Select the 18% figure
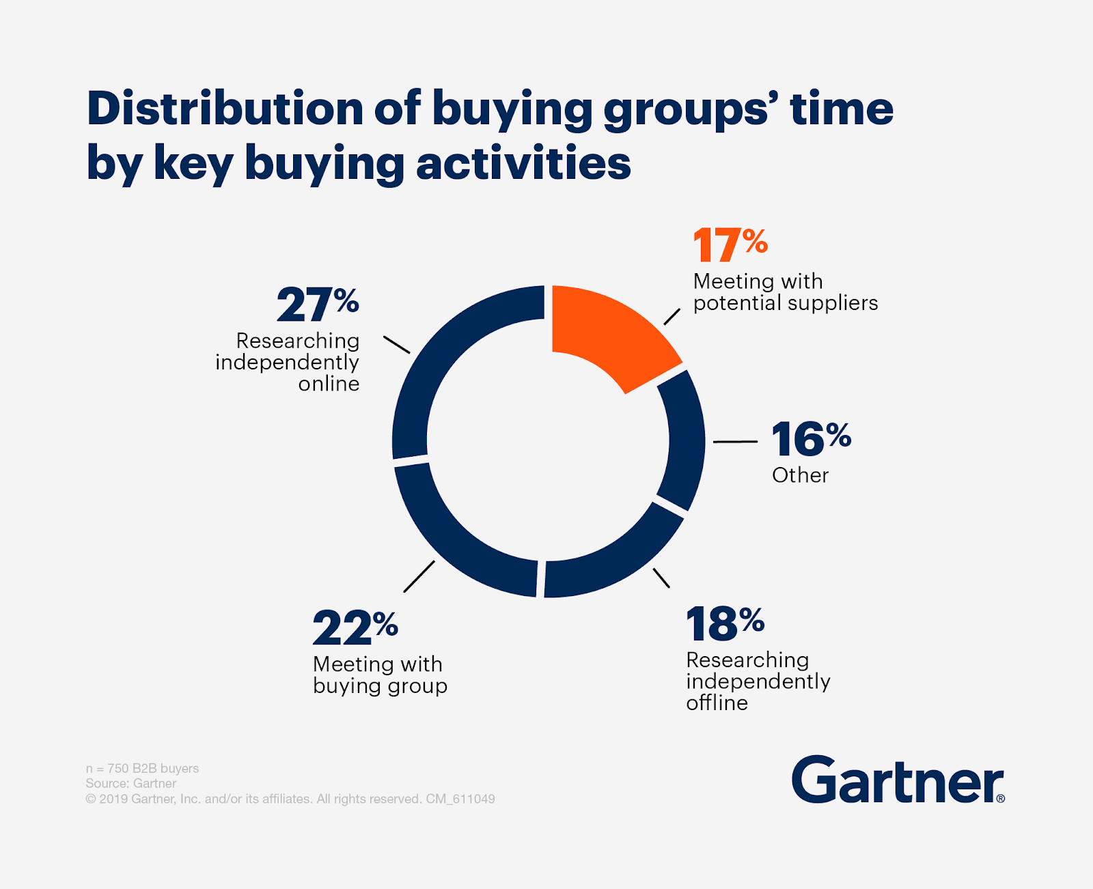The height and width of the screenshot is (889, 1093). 725,624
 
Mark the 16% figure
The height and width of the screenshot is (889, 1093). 811,438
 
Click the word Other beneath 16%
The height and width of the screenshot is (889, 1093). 800,475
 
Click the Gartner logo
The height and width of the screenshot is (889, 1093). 898,780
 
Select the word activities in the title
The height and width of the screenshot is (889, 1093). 523,164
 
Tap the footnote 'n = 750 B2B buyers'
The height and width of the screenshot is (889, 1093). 142,768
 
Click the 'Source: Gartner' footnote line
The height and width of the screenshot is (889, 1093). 131,783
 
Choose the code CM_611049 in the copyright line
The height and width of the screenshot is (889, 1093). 460,799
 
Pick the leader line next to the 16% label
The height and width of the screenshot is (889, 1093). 735,442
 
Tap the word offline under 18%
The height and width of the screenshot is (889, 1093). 717,703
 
